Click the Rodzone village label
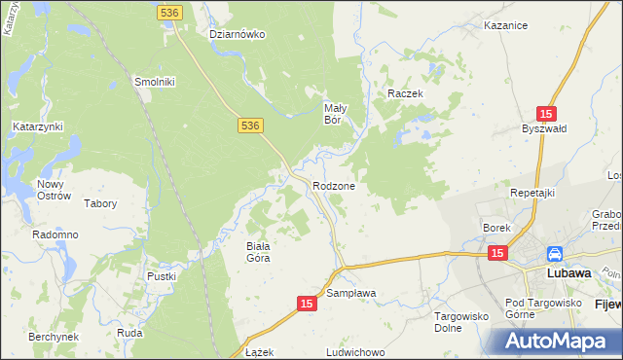333,186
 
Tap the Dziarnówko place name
238,34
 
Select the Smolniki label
154,82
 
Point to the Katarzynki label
38,126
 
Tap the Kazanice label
506,26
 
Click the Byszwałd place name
543,129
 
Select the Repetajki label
532,193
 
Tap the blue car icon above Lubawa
554,254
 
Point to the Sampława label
350,293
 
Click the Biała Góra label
257,252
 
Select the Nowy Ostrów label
54,190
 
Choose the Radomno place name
55,235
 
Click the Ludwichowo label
357,349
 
